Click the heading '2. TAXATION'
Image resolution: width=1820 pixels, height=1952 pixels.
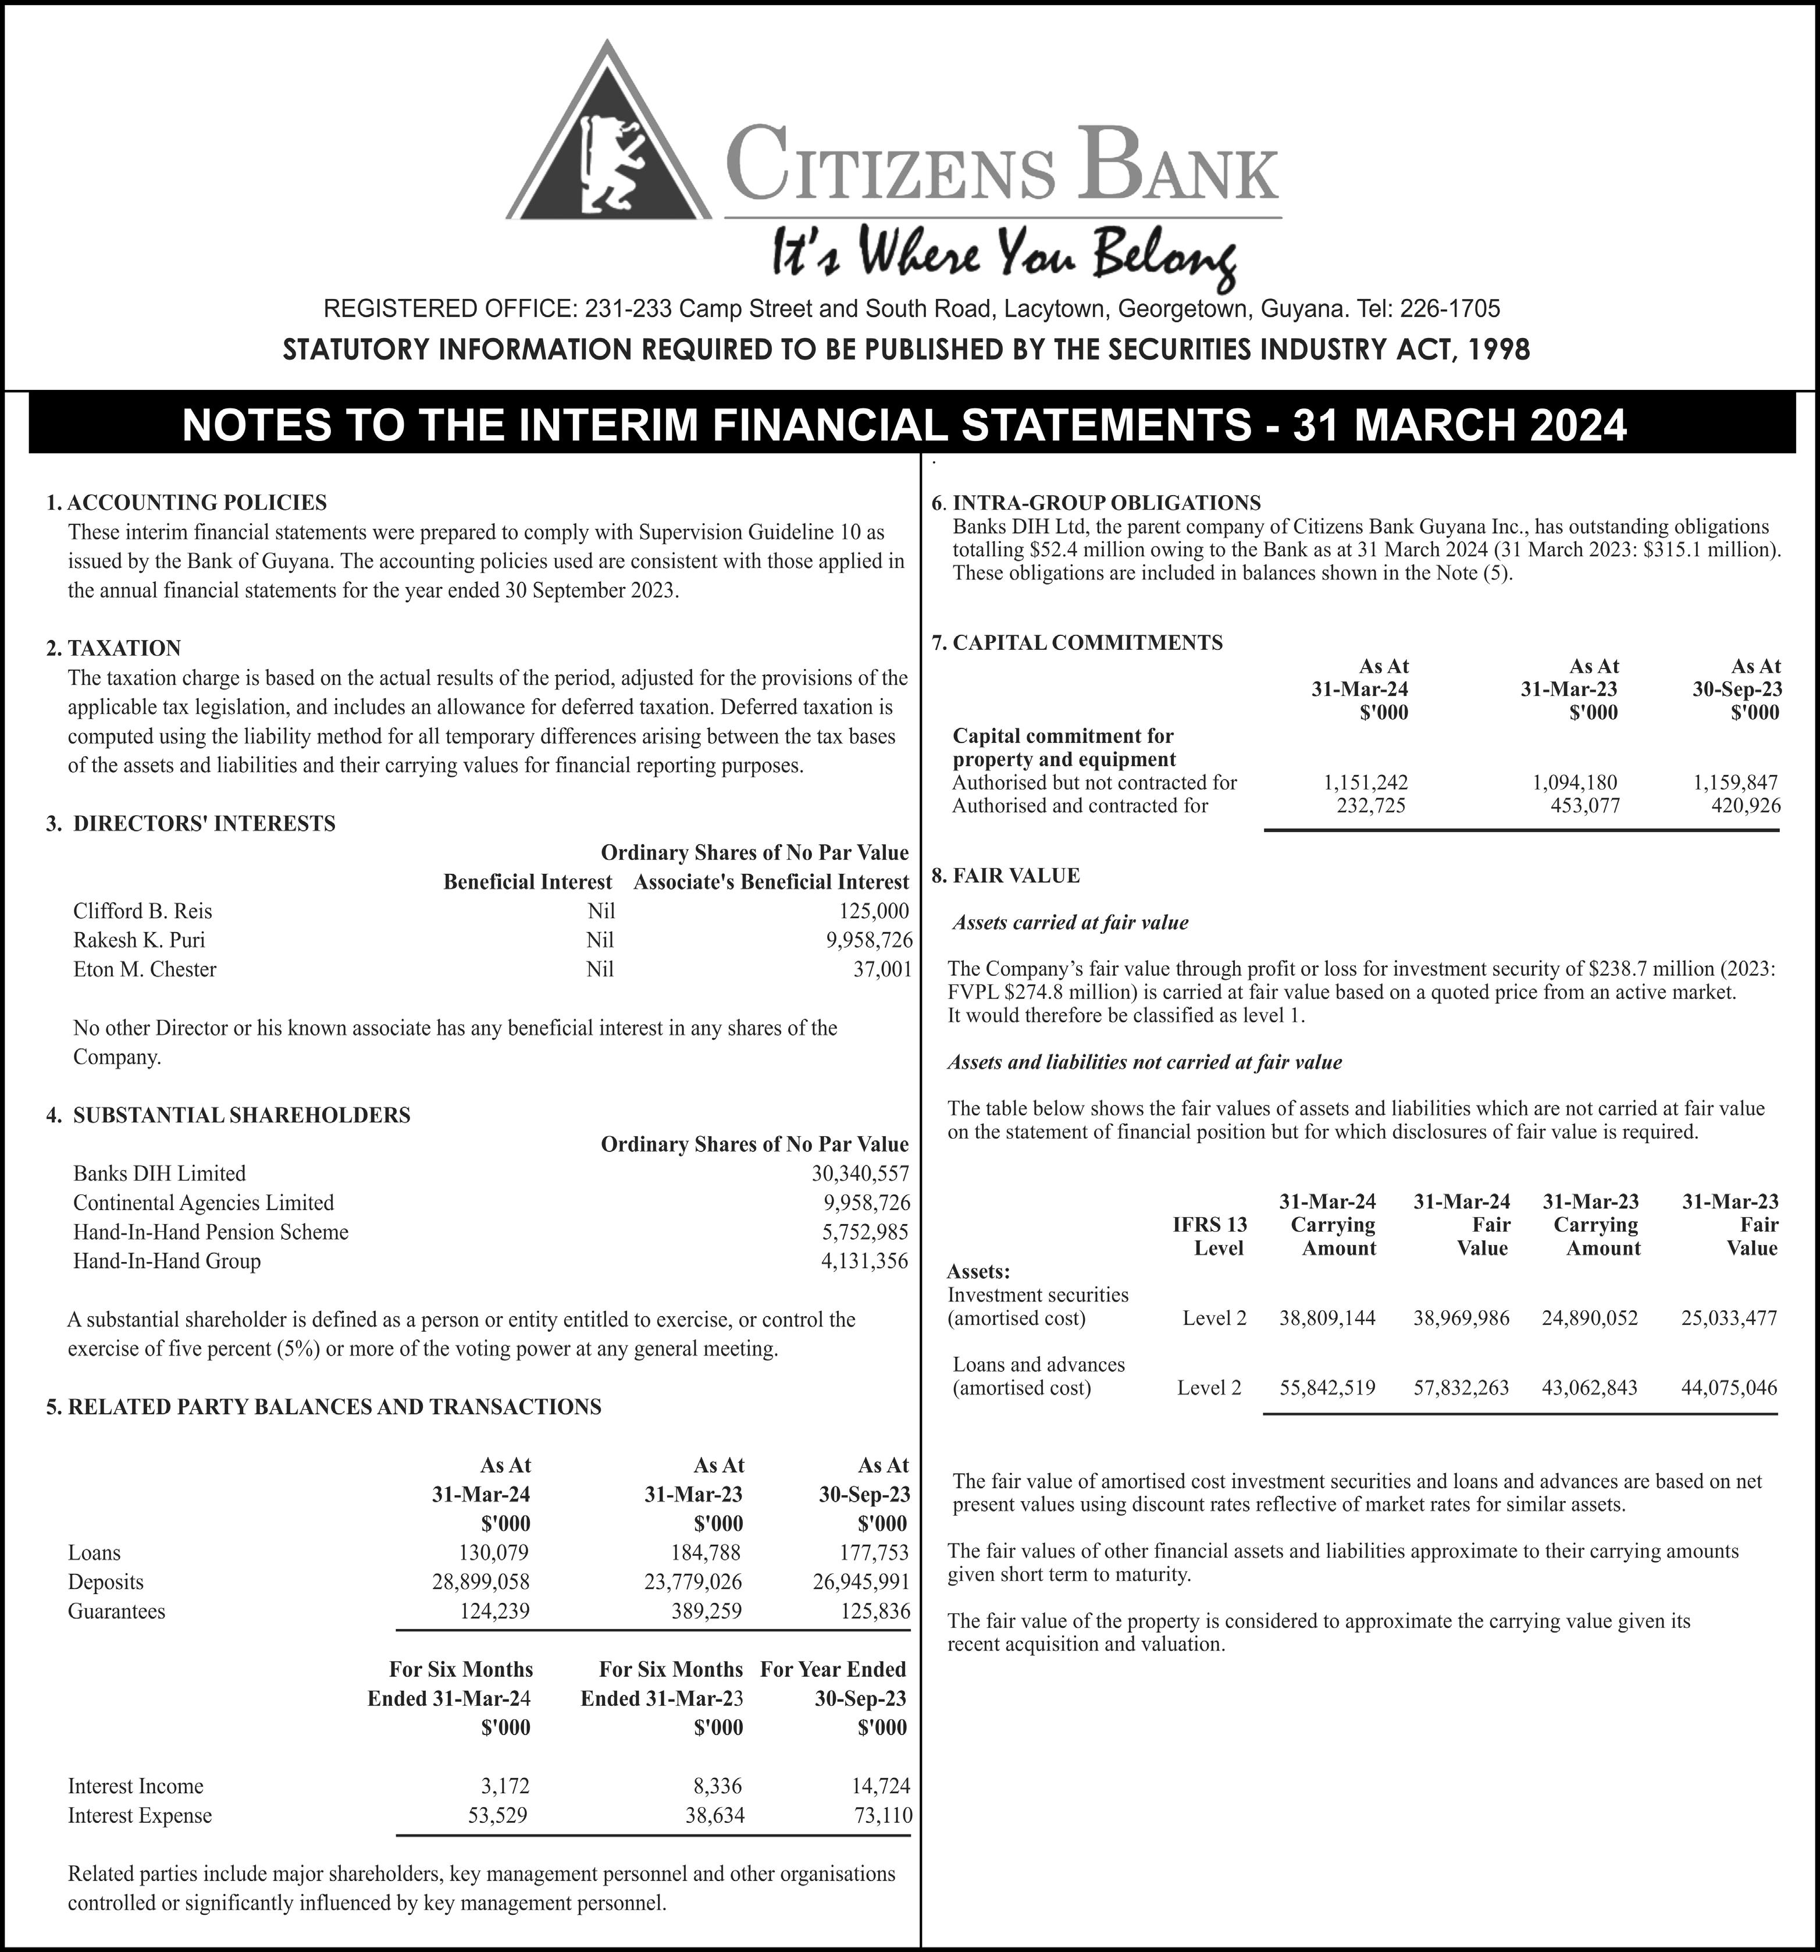click(x=114, y=648)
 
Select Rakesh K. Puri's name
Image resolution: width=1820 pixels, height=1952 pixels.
click(x=140, y=940)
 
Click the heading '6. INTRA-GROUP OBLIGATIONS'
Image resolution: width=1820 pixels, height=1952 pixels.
click(x=1096, y=503)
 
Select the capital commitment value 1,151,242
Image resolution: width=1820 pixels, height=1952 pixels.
click(x=1366, y=783)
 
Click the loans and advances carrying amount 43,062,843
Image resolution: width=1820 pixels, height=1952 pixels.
click(x=1589, y=1388)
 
